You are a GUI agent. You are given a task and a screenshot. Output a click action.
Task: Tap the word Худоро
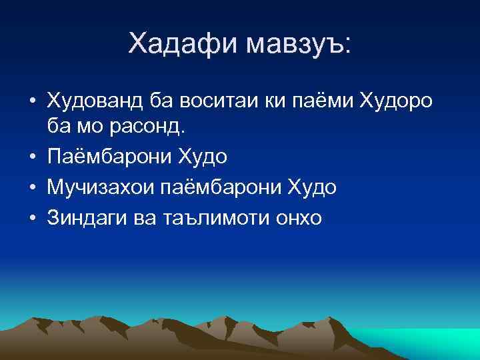coord(396,101)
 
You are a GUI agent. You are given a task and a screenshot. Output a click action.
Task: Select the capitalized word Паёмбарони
coord(109,157)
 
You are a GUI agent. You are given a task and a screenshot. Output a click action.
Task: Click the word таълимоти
coord(215,218)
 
